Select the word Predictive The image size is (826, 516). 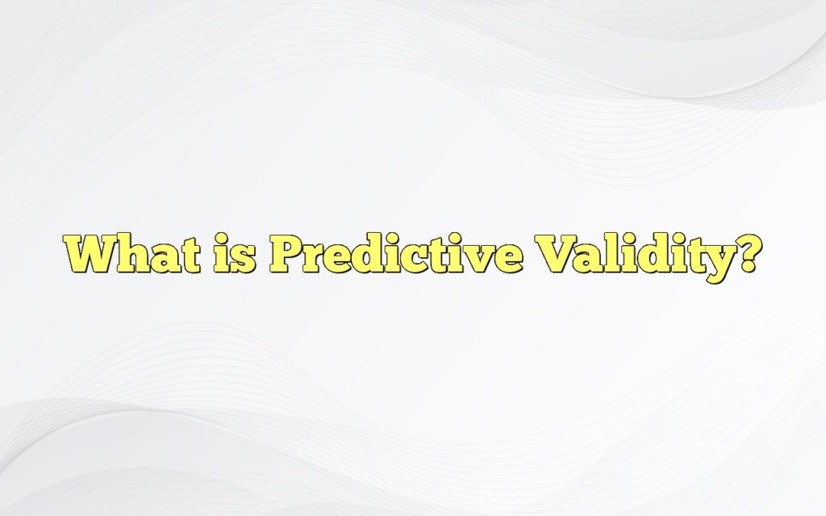click(395, 256)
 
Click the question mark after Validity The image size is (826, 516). click(747, 256)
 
